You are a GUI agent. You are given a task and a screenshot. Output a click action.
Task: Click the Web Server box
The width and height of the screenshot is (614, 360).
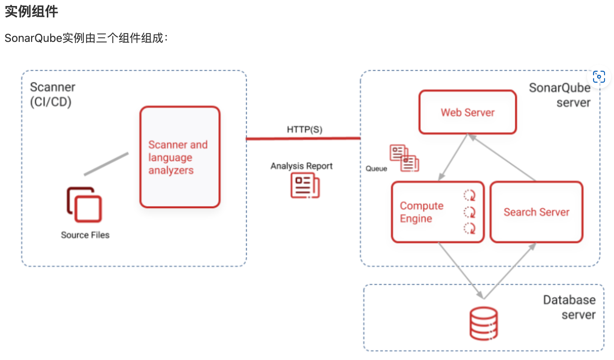[468, 112]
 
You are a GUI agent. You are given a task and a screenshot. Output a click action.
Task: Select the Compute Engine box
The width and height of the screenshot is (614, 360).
[438, 212]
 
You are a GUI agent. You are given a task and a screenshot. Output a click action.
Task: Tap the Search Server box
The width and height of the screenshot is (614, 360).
[537, 212]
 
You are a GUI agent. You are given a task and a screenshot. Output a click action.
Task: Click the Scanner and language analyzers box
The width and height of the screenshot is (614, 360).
[180, 157]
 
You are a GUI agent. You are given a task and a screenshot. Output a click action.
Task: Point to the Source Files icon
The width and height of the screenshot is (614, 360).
[85, 204]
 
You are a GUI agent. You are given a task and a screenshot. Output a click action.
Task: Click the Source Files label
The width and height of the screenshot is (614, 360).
[85, 235]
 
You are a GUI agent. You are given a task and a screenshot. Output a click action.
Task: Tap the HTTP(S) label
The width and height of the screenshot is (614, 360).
[304, 129]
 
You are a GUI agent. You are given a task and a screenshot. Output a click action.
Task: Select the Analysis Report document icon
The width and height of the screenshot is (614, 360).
[305, 186]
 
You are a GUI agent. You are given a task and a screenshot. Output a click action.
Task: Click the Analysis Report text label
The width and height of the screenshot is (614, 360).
[301, 166]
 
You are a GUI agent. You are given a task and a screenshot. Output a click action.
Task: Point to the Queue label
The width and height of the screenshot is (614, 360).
[376, 168]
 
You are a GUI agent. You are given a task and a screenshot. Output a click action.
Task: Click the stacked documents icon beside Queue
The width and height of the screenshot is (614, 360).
[404, 158]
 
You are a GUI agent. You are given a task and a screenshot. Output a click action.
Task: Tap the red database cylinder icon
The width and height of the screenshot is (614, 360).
[484, 324]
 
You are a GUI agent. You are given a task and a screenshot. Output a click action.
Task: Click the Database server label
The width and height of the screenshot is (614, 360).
[569, 307]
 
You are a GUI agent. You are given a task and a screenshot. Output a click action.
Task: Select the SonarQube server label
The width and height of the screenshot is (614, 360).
[560, 95]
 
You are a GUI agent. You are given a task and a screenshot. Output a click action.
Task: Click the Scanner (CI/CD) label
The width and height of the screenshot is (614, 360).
[52, 95]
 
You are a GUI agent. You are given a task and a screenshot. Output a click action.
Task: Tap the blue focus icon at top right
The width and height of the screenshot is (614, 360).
[599, 77]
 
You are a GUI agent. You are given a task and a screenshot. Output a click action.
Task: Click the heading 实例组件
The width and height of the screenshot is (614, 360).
[31, 12]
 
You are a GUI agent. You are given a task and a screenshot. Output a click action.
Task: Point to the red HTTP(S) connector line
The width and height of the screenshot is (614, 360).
[303, 138]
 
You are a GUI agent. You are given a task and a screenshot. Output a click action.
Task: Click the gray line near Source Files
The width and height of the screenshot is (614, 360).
[106, 164]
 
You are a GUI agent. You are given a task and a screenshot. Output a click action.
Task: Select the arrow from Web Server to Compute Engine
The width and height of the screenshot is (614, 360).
[453, 157]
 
